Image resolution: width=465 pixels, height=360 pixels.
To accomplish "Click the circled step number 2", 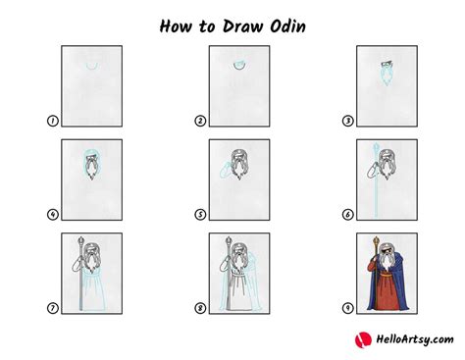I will pyautogui.click(x=199, y=121).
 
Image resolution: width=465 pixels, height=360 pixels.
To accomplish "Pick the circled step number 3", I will pyautogui.click(x=346, y=121).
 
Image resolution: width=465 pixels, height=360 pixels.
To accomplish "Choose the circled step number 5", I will pyautogui.click(x=199, y=214).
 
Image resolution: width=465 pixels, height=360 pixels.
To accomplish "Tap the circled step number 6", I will pyautogui.click(x=346, y=214).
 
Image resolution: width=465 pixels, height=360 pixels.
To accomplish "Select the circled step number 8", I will pyautogui.click(x=199, y=307).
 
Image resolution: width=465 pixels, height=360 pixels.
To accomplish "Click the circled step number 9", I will pyautogui.click(x=346, y=307).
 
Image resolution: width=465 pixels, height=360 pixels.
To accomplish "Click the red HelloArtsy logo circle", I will pyautogui.click(x=360, y=339).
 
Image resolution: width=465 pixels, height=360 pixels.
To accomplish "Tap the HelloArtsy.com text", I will pyautogui.click(x=406, y=339).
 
